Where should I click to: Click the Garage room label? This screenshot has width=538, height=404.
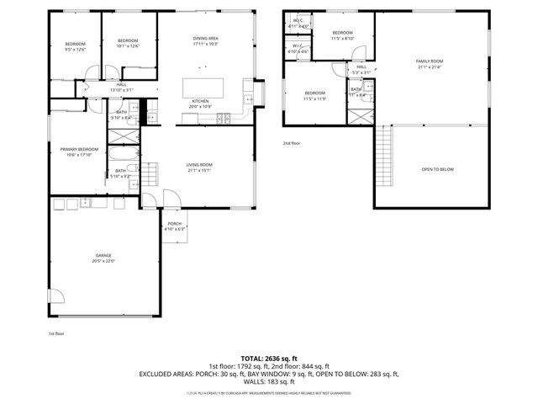103,258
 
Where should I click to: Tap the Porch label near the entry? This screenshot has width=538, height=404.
174,225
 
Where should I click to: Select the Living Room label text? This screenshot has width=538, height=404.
199,167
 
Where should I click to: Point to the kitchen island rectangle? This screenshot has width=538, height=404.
205,88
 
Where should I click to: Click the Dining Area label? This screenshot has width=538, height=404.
206,40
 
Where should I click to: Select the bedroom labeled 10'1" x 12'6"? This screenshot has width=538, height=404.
128,43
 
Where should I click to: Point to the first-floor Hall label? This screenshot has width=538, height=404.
121,87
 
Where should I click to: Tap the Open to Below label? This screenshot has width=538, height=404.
437,169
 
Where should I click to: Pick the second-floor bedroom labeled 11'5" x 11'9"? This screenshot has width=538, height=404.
315,95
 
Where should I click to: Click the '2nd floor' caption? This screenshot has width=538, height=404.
291,143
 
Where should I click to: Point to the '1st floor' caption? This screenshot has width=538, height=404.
55,333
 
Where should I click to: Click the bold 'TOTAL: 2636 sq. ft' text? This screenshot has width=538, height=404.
268,358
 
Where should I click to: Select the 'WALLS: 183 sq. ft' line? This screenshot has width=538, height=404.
268,380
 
